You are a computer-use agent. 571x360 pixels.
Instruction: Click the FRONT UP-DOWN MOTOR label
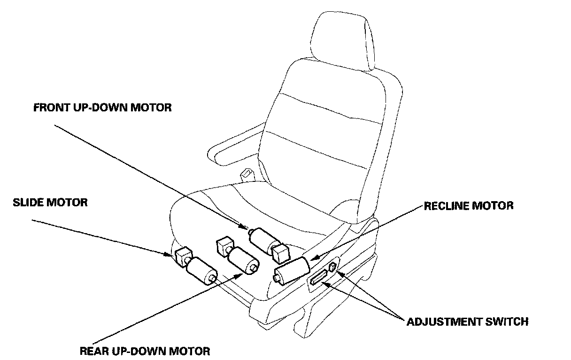click(x=102, y=108)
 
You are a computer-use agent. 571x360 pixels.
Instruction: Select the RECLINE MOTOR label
click(x=469, y=206)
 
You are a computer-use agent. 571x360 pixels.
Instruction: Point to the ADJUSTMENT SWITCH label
click(x=467, y=322)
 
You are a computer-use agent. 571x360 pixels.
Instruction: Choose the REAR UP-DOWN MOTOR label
click(x=145, y=351)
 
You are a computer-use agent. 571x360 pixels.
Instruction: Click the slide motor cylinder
click(x=202, y=272)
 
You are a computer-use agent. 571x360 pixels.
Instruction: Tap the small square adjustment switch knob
click(x=333, y=266)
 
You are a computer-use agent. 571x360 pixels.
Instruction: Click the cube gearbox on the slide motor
click(x=181, y=257)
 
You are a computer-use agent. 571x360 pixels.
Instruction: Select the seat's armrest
click(x=235, y=146)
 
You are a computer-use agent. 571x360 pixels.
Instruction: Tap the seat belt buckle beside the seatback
click(x=246, y=175)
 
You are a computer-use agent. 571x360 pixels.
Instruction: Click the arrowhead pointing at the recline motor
click(x=315, y=258)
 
